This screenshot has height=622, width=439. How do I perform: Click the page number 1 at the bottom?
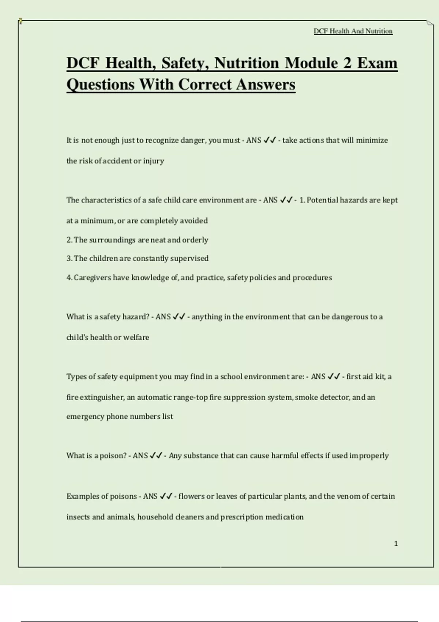coord(396,544)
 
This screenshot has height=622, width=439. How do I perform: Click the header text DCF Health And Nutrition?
coord(353,31)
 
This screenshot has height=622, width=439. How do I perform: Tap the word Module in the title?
coord(311,63)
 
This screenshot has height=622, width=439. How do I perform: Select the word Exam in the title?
coord(377,63)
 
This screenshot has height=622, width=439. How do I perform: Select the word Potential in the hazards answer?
coord(322,200)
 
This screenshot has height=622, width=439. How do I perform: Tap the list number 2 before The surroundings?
coord(69,240)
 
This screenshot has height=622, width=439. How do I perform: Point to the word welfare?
coord(136,337)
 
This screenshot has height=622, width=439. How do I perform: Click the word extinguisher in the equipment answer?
coord(103,397)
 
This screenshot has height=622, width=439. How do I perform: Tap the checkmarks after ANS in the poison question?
coord(156,456)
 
